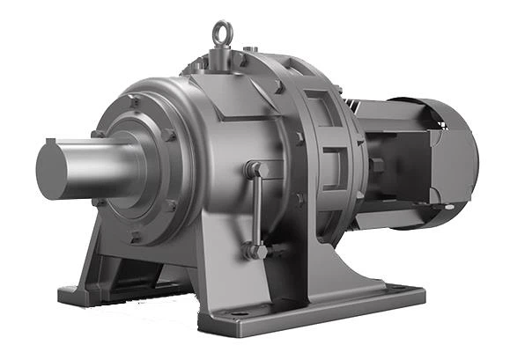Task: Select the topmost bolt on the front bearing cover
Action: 135,102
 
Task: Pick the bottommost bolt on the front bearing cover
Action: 135,235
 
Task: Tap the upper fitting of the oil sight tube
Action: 254,168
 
